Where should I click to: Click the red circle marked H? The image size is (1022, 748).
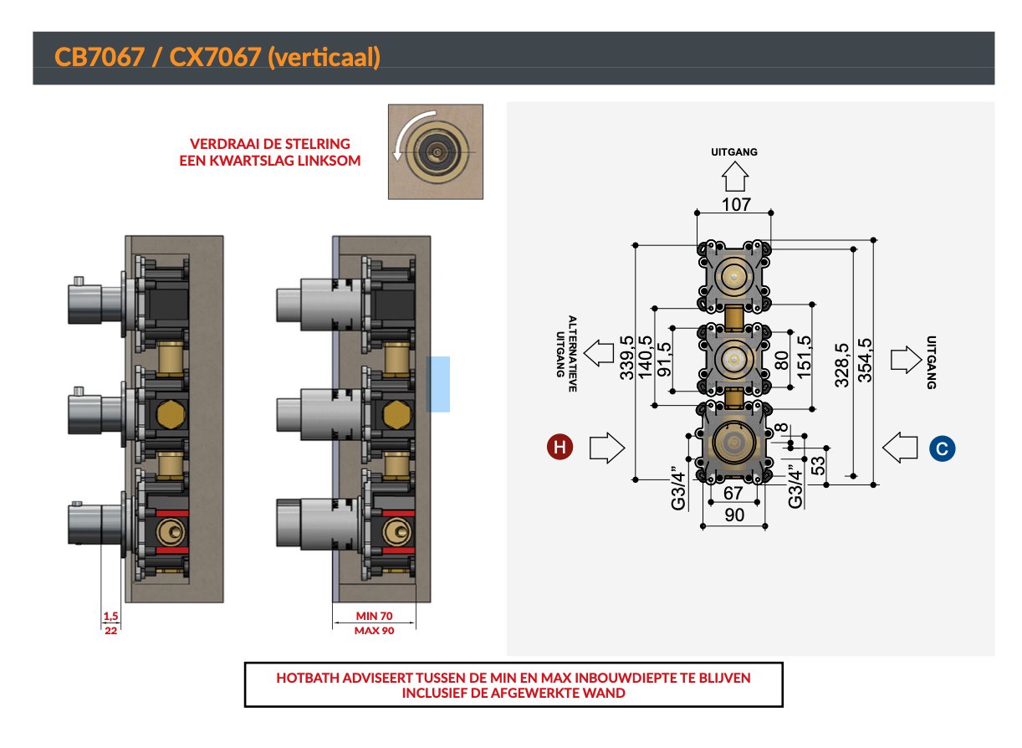560,448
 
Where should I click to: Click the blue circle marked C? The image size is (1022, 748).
942,448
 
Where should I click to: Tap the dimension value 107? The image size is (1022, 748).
736,204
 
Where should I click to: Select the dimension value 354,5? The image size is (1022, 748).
865,361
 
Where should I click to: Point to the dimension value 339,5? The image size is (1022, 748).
626,358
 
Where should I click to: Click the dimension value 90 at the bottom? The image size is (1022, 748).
734,515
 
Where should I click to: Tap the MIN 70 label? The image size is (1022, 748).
374,616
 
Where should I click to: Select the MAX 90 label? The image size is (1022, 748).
374,631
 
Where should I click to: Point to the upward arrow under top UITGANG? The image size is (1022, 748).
735,177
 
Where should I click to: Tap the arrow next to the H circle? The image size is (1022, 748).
607,448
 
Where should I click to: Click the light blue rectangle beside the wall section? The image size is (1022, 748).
439,384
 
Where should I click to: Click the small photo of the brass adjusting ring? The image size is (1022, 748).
436,151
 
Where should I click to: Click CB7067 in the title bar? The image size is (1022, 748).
99,57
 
